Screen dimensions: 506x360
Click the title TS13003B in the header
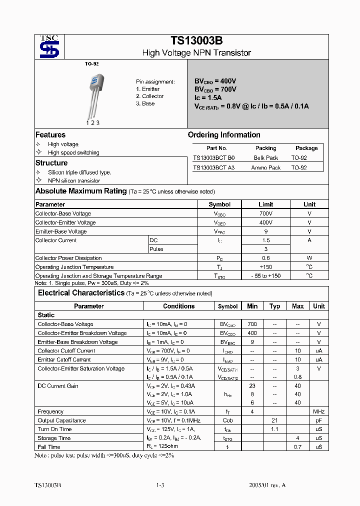tap(196, 41)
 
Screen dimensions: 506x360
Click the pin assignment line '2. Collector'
tap(149, 96)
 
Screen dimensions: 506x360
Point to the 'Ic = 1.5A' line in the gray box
tap(207, 97)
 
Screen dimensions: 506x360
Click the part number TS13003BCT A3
tap(213, 167)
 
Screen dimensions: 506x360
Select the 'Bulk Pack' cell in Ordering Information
tap(265, 157)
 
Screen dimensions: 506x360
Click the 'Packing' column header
tap(265, 148)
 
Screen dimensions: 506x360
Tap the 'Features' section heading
tap(50, 135)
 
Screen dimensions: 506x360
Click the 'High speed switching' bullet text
tap(73, 152)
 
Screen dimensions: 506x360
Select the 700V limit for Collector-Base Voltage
tap(265, 213)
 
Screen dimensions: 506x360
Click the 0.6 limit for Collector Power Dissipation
tap(265, 258)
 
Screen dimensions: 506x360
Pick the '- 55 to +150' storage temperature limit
tap(265, 276)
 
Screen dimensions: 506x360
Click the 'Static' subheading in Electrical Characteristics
tap(46, 315)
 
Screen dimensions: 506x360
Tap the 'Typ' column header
tap(274, 306)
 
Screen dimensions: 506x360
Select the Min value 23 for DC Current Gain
tap(252, 386)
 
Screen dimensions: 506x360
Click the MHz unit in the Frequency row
tap(318, 411)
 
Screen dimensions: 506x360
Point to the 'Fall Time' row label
tap(49, 447)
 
